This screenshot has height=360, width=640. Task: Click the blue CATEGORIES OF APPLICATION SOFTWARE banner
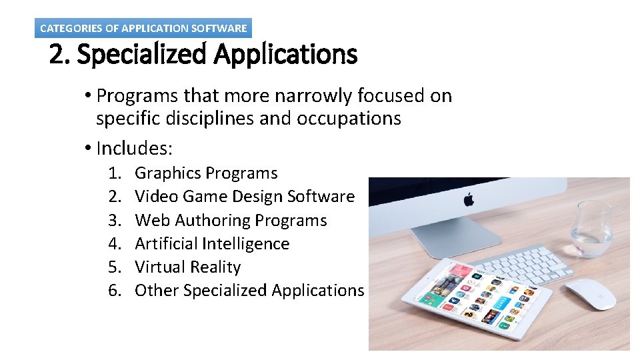[x=143, y=28]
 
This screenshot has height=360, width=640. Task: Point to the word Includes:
[x=135, y=147]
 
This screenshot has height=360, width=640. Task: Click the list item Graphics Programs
[x=206, y=173]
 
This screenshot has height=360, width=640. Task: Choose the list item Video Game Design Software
[x=245, y=197]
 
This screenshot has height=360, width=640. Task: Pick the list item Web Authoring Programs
[x=231, y=220]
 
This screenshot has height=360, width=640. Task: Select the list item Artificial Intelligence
[x=212, y=244]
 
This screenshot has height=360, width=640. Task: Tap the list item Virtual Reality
[x=187, y=267]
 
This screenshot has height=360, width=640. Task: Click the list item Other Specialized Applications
[x=249, y=291]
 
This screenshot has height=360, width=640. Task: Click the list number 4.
[x=115, y=244]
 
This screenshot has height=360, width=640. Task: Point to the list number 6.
[x=115, y=291]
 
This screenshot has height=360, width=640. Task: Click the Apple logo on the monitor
[x=469, y=199]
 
